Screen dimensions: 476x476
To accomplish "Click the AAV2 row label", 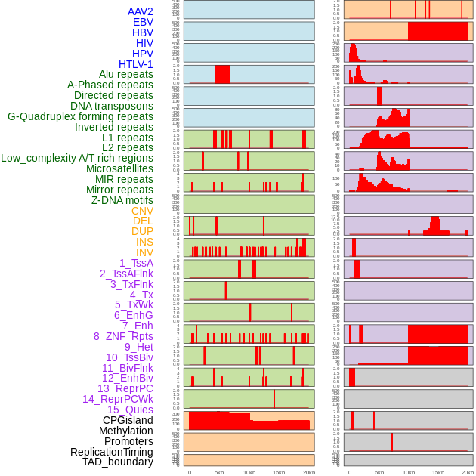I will click(141, 12).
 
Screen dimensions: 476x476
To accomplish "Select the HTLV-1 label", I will click(136, 64).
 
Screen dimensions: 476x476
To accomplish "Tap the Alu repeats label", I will click(126, 75).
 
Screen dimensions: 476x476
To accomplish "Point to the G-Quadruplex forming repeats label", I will click(80, 117).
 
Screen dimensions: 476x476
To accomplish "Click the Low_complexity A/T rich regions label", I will click(77, 159).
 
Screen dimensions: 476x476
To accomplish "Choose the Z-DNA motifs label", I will click(122, 200).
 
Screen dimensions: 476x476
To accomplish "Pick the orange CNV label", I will click(142, 211).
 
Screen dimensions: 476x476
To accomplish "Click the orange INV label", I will click(144, 252).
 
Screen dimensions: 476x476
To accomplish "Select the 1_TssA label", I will click(136, 263).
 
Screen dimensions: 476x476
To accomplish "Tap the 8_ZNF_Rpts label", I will click(123, 336).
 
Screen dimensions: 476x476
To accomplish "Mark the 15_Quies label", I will click(130, 410).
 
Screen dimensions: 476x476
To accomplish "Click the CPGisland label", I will click(128, 420).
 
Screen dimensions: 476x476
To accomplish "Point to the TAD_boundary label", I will click(118, 462).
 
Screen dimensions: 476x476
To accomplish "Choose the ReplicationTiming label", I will click(112, 452).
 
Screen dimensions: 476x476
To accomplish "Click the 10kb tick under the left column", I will click(249, 472).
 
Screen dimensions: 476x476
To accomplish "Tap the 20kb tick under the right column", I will click(468, 472).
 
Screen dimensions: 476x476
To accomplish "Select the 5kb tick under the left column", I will click(219, 472).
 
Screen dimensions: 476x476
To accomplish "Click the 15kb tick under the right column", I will click(438, 472).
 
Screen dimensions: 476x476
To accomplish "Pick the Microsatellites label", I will click(119, 169).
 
